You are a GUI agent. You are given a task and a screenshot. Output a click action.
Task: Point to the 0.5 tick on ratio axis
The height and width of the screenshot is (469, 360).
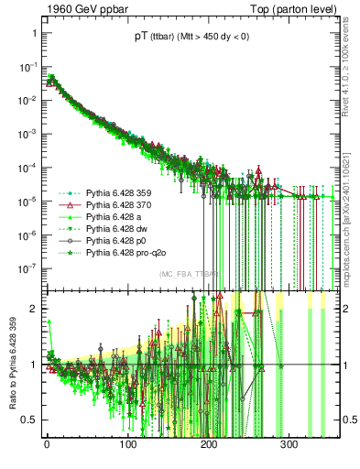[x=27, y=420]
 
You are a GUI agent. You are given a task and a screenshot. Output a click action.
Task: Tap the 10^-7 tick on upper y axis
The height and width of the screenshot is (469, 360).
[x=25, y=268]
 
